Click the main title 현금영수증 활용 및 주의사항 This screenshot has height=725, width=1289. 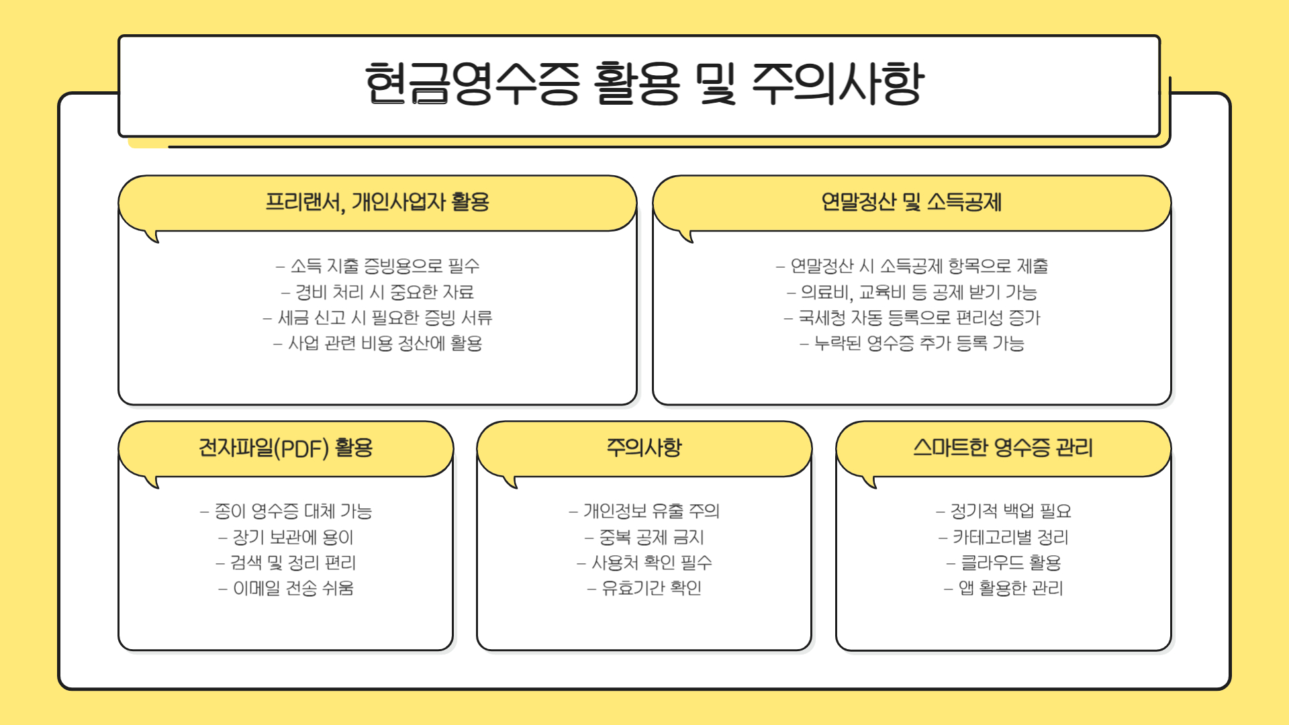644,84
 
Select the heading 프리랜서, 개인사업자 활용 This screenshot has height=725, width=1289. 377,202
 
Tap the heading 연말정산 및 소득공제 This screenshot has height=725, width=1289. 911,202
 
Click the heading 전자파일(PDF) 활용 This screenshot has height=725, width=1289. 285,448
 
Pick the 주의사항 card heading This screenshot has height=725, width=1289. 644,448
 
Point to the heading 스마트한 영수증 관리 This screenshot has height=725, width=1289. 1003,448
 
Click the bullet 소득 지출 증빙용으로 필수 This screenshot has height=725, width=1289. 377,266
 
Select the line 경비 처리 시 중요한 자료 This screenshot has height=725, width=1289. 377,292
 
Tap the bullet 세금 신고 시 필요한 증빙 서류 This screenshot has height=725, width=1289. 377,318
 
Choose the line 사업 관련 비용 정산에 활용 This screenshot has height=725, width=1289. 377,343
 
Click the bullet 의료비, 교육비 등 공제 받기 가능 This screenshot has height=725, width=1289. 912,292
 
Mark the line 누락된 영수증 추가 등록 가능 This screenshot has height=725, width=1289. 912,343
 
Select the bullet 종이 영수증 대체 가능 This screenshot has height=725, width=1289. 286,512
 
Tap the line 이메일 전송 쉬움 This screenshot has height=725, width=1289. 286,588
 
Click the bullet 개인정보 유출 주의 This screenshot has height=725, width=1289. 644,512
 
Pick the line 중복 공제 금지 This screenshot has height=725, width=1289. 644,537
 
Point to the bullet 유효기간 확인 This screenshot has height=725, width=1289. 644,588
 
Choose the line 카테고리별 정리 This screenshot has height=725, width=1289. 1004,537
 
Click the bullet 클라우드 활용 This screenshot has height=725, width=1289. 1004,563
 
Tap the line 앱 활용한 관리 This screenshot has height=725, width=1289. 1004,588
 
